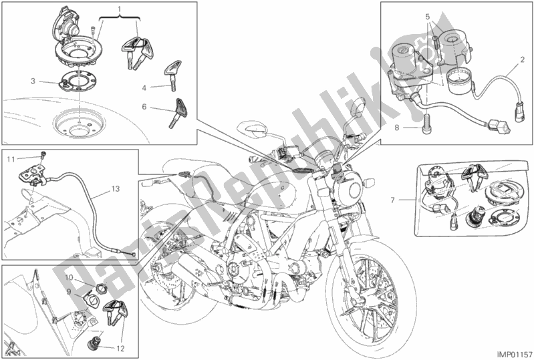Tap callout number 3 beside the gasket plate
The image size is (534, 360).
pos(33,81)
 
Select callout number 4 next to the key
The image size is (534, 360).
pos(144,88)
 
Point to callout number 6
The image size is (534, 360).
pos(144,107)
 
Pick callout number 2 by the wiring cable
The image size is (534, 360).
pos(522,60)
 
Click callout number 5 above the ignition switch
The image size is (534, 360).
pos(428,16)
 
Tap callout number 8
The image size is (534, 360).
pos(397,128)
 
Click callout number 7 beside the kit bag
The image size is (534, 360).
pos(393,200)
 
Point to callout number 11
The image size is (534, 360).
pos(11,159)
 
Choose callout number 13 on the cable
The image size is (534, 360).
pos(116,188)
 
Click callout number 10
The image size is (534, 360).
pos(70,278)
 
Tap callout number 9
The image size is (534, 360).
pos(69,291)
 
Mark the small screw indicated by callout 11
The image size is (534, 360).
pos(43,156)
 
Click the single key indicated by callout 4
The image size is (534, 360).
pos(172,75)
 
